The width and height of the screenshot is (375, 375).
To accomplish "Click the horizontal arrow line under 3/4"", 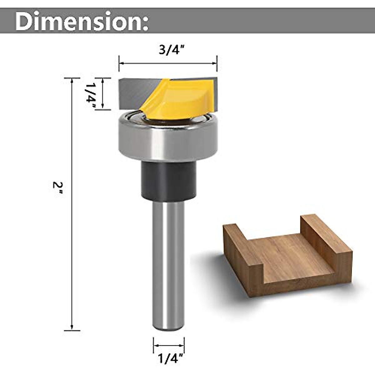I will click(x=168, y=63).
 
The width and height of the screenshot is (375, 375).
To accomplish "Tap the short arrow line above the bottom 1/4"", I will click(x=169, y=346).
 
